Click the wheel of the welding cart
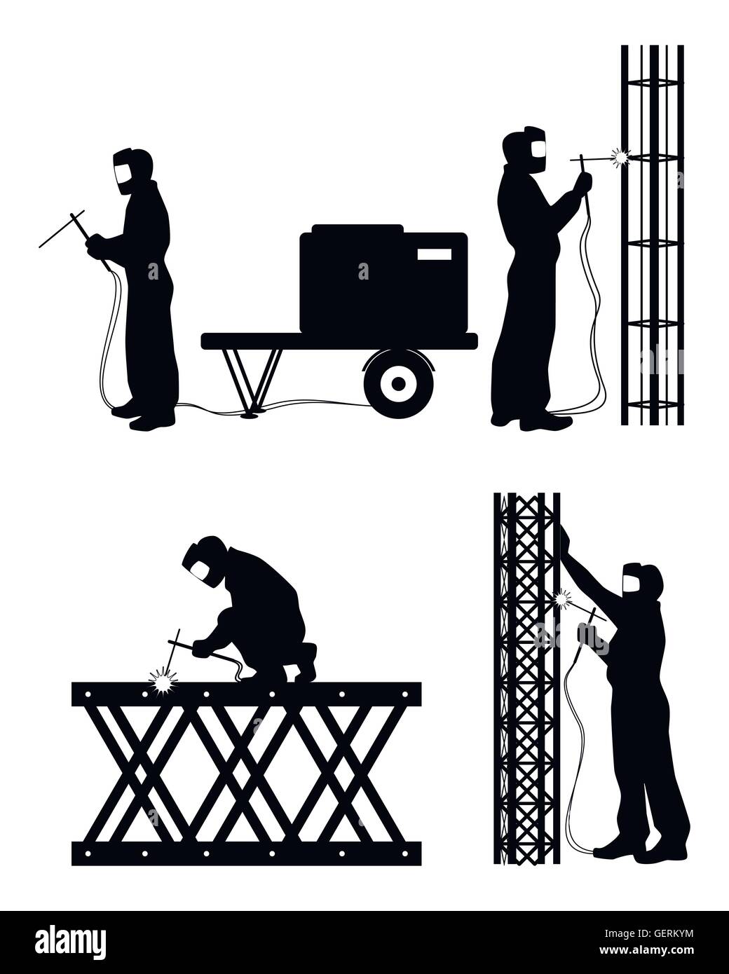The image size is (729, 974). coord(398,383)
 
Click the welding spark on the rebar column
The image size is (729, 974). coord(619,158)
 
